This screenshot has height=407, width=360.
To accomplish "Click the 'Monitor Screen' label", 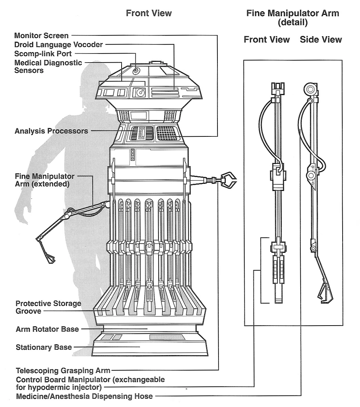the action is click(41, 35).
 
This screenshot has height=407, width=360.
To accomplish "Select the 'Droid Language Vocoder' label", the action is click(59, 44).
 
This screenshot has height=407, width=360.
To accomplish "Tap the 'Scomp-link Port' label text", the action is click(43, 54).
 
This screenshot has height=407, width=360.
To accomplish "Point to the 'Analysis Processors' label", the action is click(51, 131).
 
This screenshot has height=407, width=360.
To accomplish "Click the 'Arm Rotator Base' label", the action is click(47, 329).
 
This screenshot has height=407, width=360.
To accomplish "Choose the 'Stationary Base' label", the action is click(44, 347).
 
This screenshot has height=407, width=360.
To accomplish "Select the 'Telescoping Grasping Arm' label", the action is click(63, 370).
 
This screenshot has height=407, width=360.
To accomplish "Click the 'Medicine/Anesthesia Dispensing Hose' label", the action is click(84, 397).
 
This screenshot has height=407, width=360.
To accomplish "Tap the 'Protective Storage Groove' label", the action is click(48, 307).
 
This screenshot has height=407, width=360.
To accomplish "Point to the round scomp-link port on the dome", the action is click(136, 70).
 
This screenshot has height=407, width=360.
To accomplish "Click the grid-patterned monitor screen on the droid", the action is click(166, 133).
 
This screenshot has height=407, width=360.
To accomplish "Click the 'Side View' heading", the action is click(321, 39).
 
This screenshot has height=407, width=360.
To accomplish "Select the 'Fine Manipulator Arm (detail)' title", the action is click(292, 18).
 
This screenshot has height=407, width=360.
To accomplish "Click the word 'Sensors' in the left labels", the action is click(29, 70).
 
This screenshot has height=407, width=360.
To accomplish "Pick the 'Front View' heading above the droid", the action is click(149, 13).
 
